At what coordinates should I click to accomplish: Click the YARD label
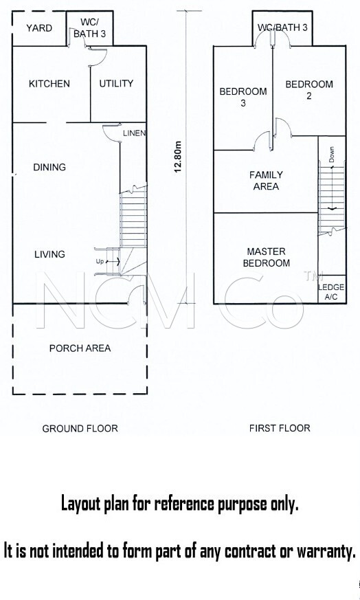(39, 28)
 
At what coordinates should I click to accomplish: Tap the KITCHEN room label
(49, 83)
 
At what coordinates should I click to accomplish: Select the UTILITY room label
(116, 83)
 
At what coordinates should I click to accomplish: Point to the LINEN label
(134, 133)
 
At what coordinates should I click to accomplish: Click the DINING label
(49, 167)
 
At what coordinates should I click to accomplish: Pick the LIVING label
(49, 254)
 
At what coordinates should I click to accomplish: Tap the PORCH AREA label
(80, 348)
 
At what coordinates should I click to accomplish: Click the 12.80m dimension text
(177, 157)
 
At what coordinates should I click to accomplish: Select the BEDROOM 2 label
(309, 90)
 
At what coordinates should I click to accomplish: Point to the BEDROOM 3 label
(243, 97)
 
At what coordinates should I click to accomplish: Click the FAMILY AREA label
(267, 181)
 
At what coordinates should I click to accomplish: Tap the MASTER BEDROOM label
(267, 258)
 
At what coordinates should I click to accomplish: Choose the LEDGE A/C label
(331, 292)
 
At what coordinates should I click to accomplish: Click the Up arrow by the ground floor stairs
(113, 261)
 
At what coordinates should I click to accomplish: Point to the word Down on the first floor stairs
(331, 155)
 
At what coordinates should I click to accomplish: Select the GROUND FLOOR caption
(80, 429)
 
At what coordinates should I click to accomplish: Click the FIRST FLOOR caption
(280, 428)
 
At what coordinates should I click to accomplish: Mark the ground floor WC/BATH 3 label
(89, 28)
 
